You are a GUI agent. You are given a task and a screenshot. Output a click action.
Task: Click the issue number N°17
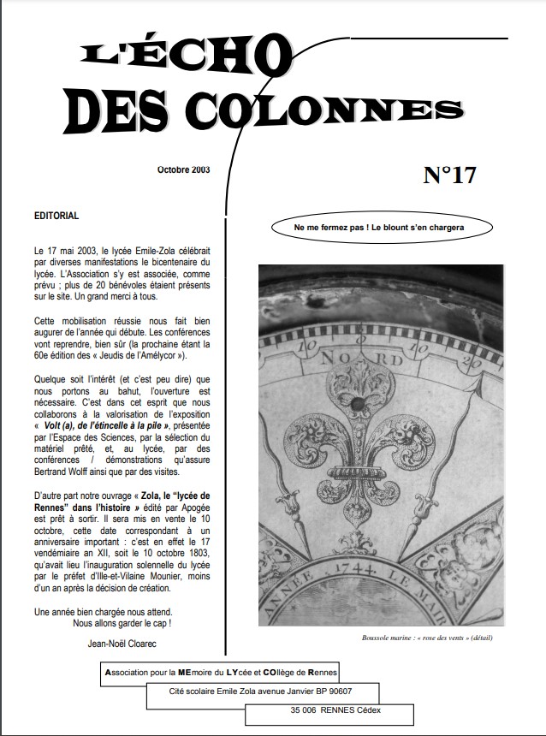click(x=448, y=175)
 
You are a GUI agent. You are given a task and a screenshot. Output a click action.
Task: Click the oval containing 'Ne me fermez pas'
click(x=378, y=229)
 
